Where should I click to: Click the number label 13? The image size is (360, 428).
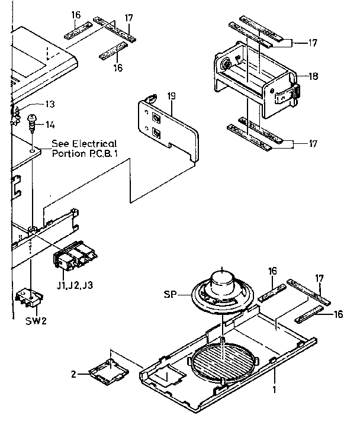click(x=50, y=105)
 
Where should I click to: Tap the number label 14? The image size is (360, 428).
click(x=50, y=124)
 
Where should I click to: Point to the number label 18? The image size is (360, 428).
click(x=314, y=76)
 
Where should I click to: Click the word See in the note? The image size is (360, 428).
click(x=60, y=144)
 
